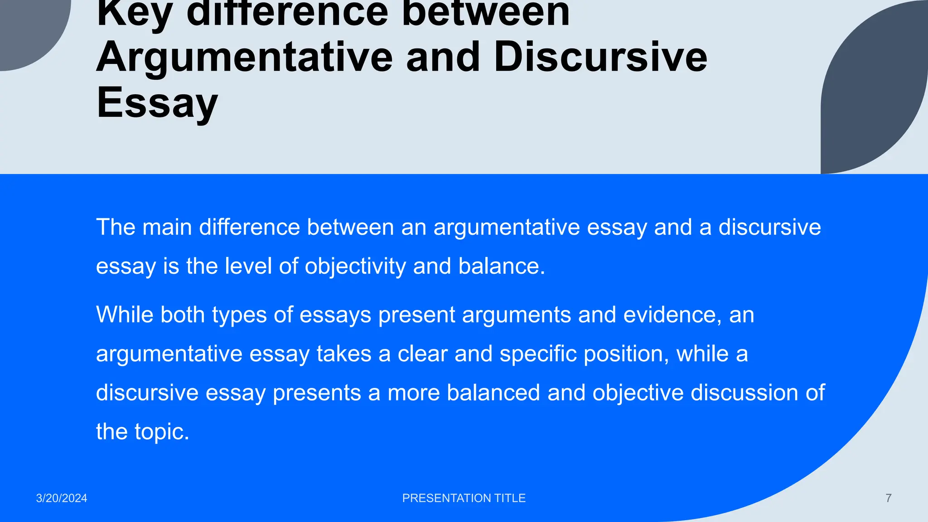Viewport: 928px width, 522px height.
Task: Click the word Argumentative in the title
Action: (244, 58)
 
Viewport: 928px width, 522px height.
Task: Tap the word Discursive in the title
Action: (600, 58)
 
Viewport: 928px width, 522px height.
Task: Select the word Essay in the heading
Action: (157, 103)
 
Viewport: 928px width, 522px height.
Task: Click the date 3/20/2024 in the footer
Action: (62, 498)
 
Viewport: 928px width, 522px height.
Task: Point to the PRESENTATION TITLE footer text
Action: (464, 498)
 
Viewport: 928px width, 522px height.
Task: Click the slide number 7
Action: (888, 498)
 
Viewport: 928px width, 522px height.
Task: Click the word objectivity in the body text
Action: (355, 266)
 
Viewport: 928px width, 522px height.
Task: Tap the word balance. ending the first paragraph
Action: (502, 266)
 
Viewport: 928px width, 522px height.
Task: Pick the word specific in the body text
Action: (538, 354)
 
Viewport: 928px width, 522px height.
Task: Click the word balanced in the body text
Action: (493, 392)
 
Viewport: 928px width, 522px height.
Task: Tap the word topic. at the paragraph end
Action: (162, 432)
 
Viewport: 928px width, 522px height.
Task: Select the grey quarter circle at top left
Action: (27, 27)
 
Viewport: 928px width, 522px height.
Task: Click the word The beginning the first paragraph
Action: (116, 227)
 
